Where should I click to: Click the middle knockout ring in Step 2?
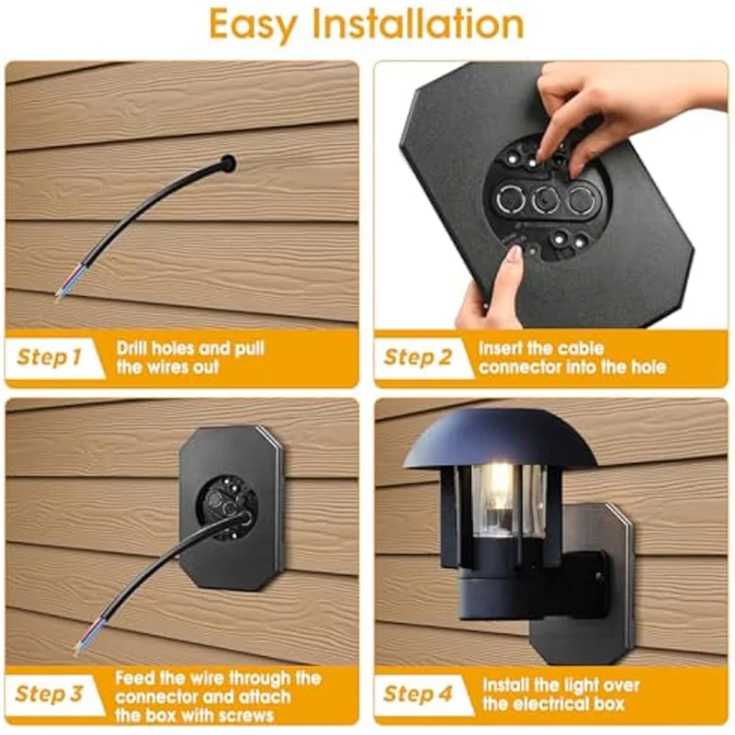point(546,197)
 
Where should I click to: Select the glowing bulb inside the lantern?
point(502,482)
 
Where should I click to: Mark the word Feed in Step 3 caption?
point(137,678)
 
